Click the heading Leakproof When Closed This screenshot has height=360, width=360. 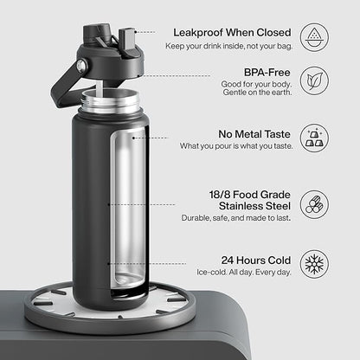(232, 33)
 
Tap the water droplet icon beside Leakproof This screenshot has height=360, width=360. (314, 37)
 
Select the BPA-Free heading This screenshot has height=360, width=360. (267, 73)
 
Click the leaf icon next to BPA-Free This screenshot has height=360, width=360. (314, 80)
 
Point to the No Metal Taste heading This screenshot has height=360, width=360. (254, 134)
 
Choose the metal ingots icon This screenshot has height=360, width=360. (314, 138)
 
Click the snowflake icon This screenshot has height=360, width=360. (314, 264)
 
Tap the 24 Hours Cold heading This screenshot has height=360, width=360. (256, 260)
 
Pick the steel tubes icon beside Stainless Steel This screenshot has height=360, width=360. (314, 204)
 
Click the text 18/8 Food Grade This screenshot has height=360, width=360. (250, 195)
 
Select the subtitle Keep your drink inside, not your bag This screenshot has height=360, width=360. (229, 46)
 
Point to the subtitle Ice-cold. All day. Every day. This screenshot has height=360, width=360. (244, 273)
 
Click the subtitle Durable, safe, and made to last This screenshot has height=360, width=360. (236, 218)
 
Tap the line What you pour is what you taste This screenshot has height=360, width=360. (236, 146)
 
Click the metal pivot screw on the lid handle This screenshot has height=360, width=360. (82, 66)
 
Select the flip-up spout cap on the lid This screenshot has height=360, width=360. (127, 39)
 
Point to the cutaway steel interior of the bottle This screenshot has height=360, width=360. (129, 209)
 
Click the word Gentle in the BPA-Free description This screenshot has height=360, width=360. (233, 93)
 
